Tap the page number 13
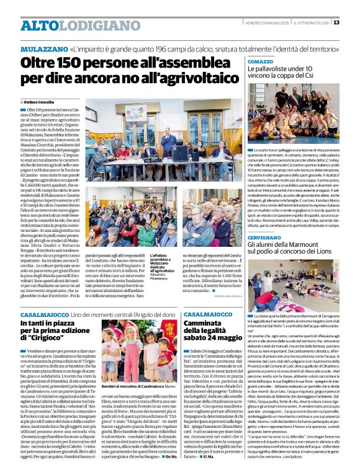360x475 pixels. (353, 22)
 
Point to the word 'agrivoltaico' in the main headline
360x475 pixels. (186, 79)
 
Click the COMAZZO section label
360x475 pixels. (261, 62)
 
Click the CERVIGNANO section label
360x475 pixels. (266, 236)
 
